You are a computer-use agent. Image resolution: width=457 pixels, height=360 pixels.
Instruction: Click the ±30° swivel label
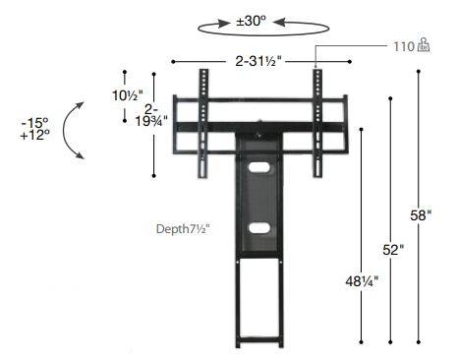click(x=251, y=21)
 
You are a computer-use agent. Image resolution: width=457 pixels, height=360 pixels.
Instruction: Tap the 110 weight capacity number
click(x=404, y=46)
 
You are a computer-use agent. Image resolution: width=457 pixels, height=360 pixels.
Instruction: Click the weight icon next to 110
click(x=424, y=45)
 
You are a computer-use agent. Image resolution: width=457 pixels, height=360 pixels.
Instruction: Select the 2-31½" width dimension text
click(x=258, y=61)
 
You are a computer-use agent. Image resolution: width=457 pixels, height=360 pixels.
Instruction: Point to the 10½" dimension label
click(x=128, y=95)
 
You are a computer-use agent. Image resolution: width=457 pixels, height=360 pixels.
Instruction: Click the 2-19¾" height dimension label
click(x=151, y=115)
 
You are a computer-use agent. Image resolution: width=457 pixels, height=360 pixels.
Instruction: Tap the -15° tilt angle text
click(x=34, y=123)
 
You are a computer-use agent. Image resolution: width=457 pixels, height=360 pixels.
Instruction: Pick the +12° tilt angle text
click(x=34, y=135)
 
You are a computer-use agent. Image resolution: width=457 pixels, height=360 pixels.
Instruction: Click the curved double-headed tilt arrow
click(x=64, y=131)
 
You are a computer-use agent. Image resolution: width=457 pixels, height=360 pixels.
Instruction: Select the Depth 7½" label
click(x=183, y=229)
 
